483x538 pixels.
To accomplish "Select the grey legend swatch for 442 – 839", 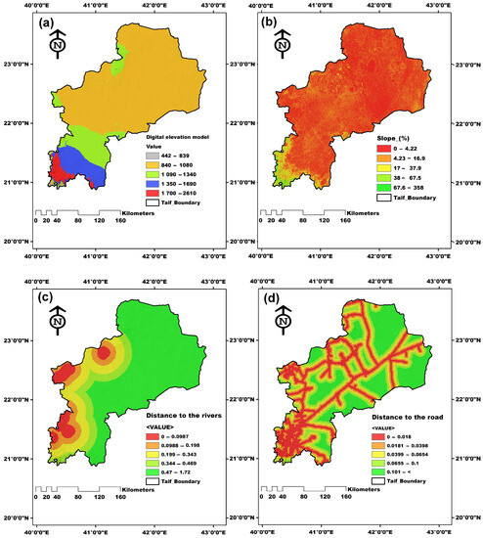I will tap(152, 157).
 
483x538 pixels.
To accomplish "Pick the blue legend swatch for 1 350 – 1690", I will tap(152, 183).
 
